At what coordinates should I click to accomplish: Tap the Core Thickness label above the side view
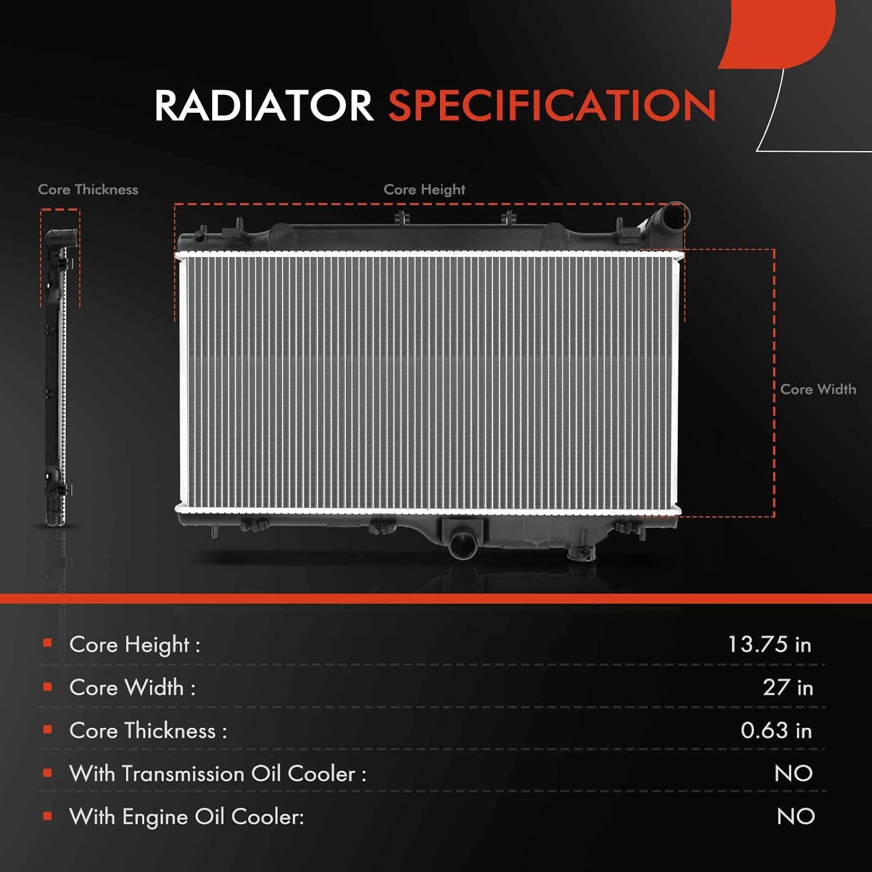tap(88, 190)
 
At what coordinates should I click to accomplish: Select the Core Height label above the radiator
tap(424, 190)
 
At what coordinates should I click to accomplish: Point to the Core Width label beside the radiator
tap(818, 389)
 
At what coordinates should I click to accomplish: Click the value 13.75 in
tap(769, 644)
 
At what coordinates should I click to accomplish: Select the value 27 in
tap(788, 687)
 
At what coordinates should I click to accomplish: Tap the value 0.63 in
tap(776, 730)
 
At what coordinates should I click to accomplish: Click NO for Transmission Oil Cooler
tap(793, 773)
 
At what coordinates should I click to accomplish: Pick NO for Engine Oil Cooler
tap(795, 816)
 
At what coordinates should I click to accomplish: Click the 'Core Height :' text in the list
tap(135, 645)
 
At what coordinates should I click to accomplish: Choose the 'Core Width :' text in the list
tap(133, 688)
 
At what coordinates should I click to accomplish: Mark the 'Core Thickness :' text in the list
tap(148, 731)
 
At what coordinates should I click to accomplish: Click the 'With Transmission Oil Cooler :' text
tap(218, 774)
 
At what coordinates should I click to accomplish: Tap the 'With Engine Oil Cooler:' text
tap(187, 817)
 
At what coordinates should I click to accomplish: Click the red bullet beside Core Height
tap(48, 643)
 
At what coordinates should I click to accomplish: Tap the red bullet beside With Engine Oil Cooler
tap(48, 816)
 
